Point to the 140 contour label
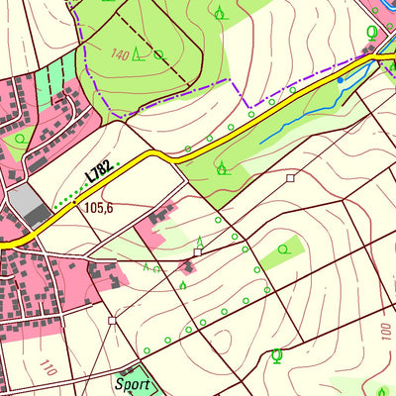[x=121, y=54]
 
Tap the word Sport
[x=132, y=383]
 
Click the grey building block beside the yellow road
[x=32, y=206]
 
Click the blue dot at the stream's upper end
[x=341, y=79]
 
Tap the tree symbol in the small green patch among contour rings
[x=284, y=249]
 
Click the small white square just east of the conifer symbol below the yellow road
[x=290, y=178]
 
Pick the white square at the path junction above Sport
[x=112, y=321]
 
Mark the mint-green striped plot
[x=55, y=79]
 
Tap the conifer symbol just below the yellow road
[x=222, y=168]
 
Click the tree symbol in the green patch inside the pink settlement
[x=18, y=138]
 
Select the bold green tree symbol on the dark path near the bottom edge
[x=276, y=354]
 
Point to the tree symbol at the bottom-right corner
[x=382, y=389]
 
